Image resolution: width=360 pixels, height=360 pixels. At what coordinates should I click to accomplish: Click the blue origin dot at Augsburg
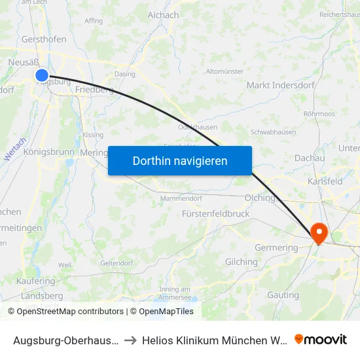point(42,75)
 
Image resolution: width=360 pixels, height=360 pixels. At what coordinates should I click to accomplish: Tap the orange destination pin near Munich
point(319,232)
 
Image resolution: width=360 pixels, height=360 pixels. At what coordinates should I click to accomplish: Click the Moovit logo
point(321,340)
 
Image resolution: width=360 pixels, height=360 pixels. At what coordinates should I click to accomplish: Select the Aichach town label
point(163,15)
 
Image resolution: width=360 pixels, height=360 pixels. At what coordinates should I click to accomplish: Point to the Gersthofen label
point(44,39)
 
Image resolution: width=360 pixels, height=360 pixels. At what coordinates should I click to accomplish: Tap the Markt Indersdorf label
point(281,85)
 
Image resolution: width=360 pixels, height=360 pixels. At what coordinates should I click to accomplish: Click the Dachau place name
point(310,158)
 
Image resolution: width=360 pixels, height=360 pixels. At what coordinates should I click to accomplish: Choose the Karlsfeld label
point(325,181)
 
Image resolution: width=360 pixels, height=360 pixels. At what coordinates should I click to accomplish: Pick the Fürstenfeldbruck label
point(215,213)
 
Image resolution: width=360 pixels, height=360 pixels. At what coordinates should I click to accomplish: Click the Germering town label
point(276,247)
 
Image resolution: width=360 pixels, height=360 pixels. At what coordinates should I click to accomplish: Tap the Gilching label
point(241,262)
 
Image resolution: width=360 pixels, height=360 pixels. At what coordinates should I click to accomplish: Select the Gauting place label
point(283,295)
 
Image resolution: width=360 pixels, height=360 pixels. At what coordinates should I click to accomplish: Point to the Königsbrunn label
point(49,151)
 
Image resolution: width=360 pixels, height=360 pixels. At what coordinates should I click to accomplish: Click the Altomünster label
point(225,71)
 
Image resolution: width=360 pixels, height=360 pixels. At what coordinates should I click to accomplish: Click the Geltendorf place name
point(117,262)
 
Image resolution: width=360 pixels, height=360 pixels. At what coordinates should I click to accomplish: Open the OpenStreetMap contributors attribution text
point(70,312)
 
